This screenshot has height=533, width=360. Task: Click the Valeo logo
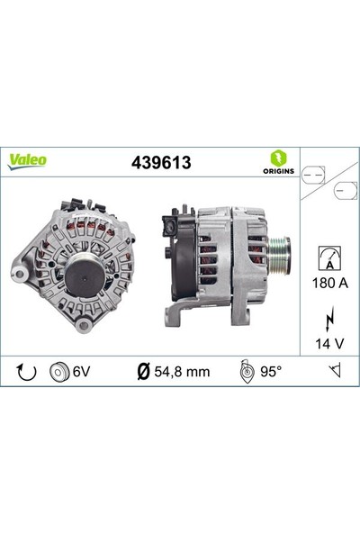tap(29, 160)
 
